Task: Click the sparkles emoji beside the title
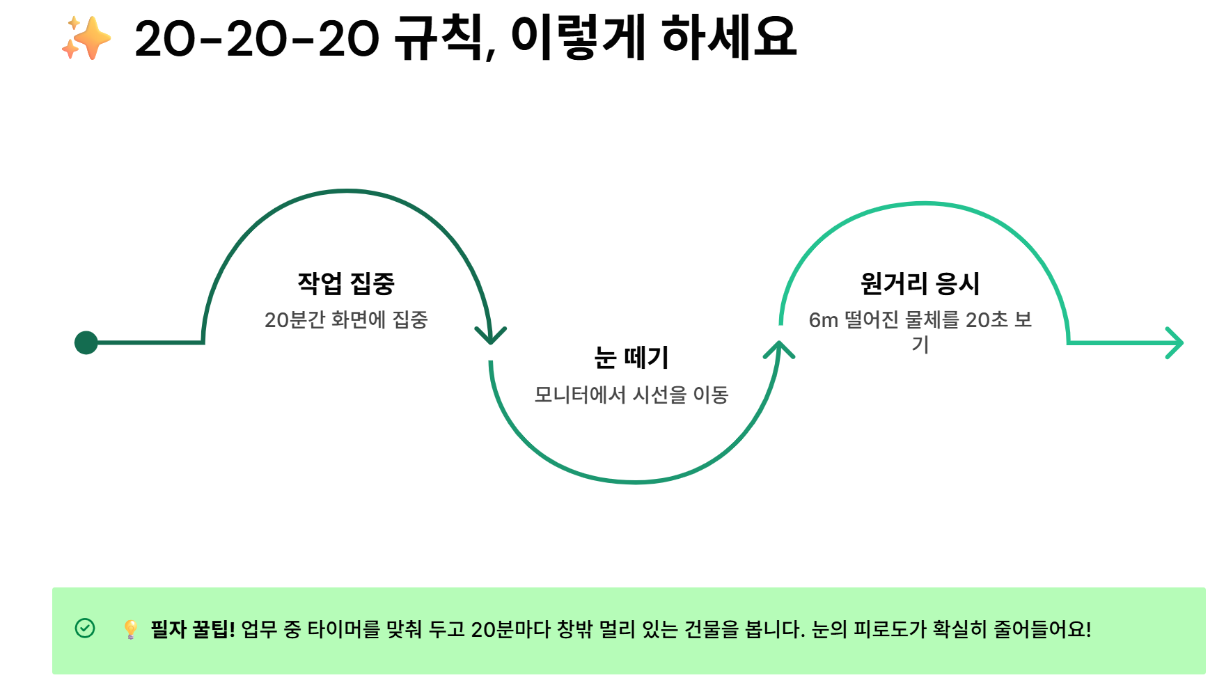(86, 38)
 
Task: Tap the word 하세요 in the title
(728, 38)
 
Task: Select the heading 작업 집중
(346, 283)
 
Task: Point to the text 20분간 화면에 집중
(346, 320)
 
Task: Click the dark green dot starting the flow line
(86, 342)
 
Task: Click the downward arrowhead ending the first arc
(491, 336)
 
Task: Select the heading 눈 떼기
(631, 358)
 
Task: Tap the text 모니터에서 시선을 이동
(631, 395)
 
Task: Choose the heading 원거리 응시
(920, 283)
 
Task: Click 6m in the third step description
(823, 320)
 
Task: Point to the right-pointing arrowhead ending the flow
(1175, 342)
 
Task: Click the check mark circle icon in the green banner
(85, 628)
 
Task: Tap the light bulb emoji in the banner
(130, 629)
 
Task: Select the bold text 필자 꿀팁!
(193, 629)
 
